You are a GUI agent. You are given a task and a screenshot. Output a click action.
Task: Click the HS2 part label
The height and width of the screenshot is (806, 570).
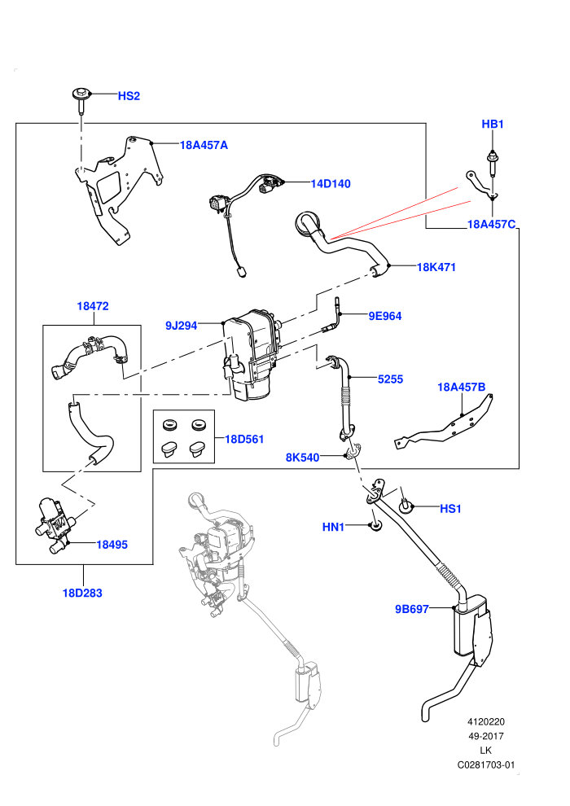click(x=129, y=96)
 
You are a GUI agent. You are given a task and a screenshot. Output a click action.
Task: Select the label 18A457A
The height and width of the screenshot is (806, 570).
click(x=204, y=145)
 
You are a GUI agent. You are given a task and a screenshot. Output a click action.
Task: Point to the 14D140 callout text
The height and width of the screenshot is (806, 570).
click(x=331, y=183)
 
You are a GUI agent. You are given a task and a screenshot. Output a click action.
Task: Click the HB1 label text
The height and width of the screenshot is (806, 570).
click(x=493, y=124)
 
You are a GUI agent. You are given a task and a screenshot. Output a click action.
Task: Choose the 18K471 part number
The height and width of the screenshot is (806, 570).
click(x=436, y=267)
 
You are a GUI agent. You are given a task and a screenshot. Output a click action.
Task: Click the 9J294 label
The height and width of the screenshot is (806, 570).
click(x=181, y=326)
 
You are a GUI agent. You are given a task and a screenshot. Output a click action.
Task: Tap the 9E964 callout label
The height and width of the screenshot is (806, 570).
click(x=385, y=316)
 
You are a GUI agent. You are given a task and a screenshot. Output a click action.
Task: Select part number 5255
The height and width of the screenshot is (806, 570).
click(x=390, y=379)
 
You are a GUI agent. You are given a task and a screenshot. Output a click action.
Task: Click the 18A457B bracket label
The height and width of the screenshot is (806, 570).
click(x=461, y=387)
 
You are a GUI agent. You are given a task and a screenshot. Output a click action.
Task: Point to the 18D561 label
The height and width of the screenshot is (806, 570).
click(x=244, y=439)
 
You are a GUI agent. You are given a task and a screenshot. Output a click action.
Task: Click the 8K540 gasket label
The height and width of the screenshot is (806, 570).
click(x=302, y=457)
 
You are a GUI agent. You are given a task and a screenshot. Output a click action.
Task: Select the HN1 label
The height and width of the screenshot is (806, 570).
click(x=333, y=527)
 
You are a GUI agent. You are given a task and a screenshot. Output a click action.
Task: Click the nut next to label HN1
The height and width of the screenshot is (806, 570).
click(x=375, y=527)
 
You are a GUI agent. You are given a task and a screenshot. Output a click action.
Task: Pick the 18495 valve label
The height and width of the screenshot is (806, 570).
click(x=112, y=545)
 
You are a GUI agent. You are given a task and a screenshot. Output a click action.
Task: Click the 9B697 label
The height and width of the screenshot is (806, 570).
click(x=412, y=609)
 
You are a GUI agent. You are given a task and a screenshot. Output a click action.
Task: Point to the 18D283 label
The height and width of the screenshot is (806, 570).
click(x=82, y=594)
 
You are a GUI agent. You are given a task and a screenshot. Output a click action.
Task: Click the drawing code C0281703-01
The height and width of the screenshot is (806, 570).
click(x=485, y=764)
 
